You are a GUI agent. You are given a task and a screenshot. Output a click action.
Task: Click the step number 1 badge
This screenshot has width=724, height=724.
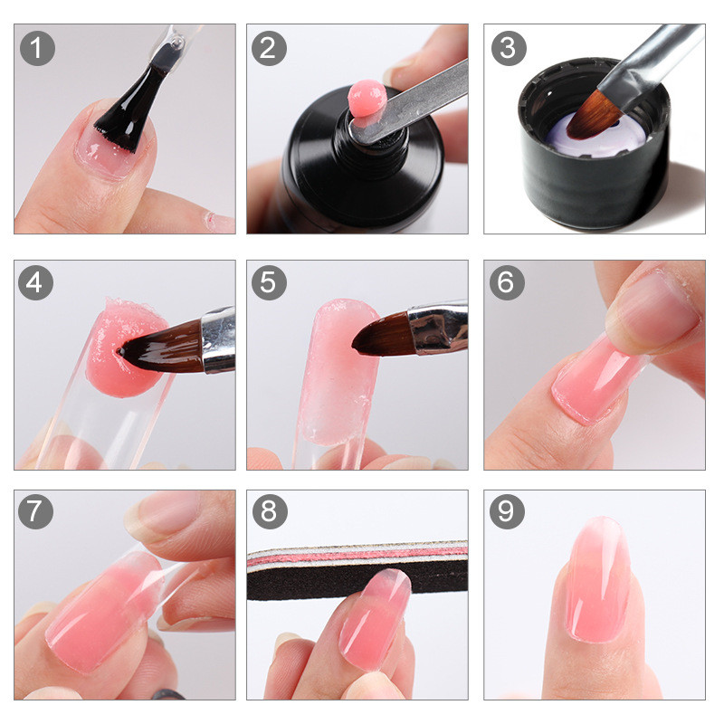[x=36, y=48]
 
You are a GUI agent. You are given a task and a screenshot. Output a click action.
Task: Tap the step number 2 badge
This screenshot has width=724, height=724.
[x=268, y=48]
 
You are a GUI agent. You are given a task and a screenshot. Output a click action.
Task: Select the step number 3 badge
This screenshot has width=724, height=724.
[x=508, y=48]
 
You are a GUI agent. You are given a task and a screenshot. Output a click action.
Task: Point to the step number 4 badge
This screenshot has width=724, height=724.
[x=36, y=283]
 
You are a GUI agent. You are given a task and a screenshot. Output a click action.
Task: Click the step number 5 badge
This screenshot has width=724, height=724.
[x=268, y=283]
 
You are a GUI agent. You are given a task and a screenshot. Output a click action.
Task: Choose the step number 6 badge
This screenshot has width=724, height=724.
[x=508, y=283]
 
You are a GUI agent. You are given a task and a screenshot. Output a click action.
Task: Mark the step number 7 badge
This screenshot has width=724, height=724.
[x=36, y=513]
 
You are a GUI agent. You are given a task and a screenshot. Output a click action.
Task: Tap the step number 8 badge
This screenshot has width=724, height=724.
[x=268, y=513]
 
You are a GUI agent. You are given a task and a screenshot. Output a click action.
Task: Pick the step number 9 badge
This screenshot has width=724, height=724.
[x=508, y=513]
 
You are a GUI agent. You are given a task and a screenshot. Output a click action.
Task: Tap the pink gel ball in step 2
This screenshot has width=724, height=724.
[x=367, y=98]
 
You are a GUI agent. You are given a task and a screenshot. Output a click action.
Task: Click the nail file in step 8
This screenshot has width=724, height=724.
[x=357, y=570]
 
